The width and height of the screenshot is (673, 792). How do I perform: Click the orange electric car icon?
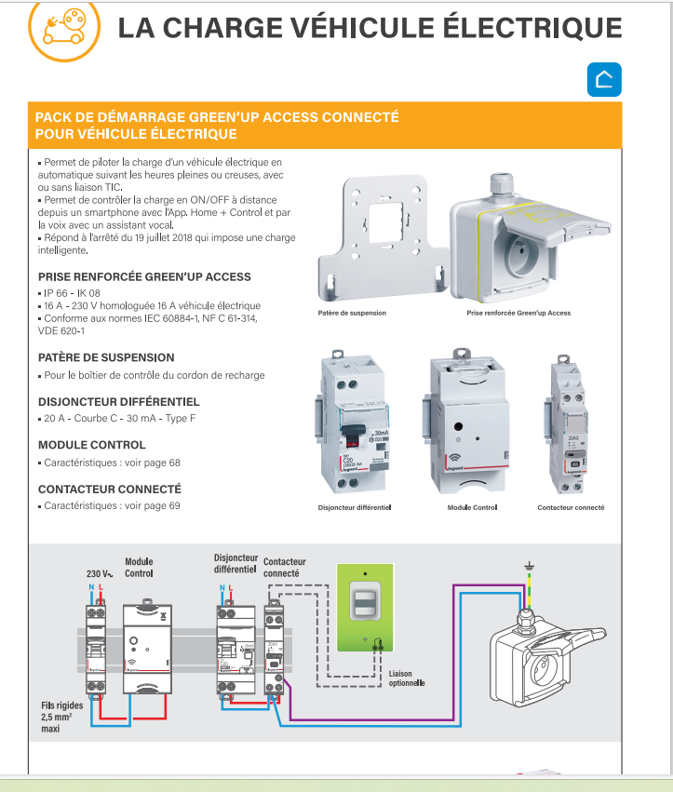[x=61, y=28]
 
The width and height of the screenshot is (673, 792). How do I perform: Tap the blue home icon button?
[x=603, y=81]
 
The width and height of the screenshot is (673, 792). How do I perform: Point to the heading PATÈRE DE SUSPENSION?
[x=106, y=357]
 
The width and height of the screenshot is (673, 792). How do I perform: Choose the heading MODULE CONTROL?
[x=92, y=445]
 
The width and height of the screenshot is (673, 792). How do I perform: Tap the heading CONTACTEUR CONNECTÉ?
[x=110, y=489]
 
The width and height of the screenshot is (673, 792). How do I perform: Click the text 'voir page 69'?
[x=152, y=506]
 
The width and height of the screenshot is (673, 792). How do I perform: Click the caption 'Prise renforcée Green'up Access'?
[x=518, y=314]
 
